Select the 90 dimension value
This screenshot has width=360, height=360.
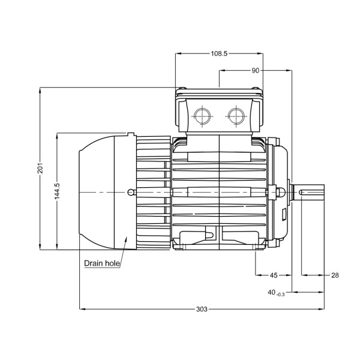(x=256, y=70)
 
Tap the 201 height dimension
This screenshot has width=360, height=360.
(x=40, y=168)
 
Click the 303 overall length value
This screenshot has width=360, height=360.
(x=202, y=310)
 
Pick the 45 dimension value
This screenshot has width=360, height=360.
(x=274, y=275)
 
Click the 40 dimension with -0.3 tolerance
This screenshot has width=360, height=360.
(x=272, y=292)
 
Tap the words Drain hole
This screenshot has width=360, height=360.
(x=102, y=263)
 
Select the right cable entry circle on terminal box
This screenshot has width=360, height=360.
(x=236, y=113)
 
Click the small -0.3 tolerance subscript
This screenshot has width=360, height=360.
(x=280, y=294)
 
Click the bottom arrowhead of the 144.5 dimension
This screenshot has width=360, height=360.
(x=57, y=247)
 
